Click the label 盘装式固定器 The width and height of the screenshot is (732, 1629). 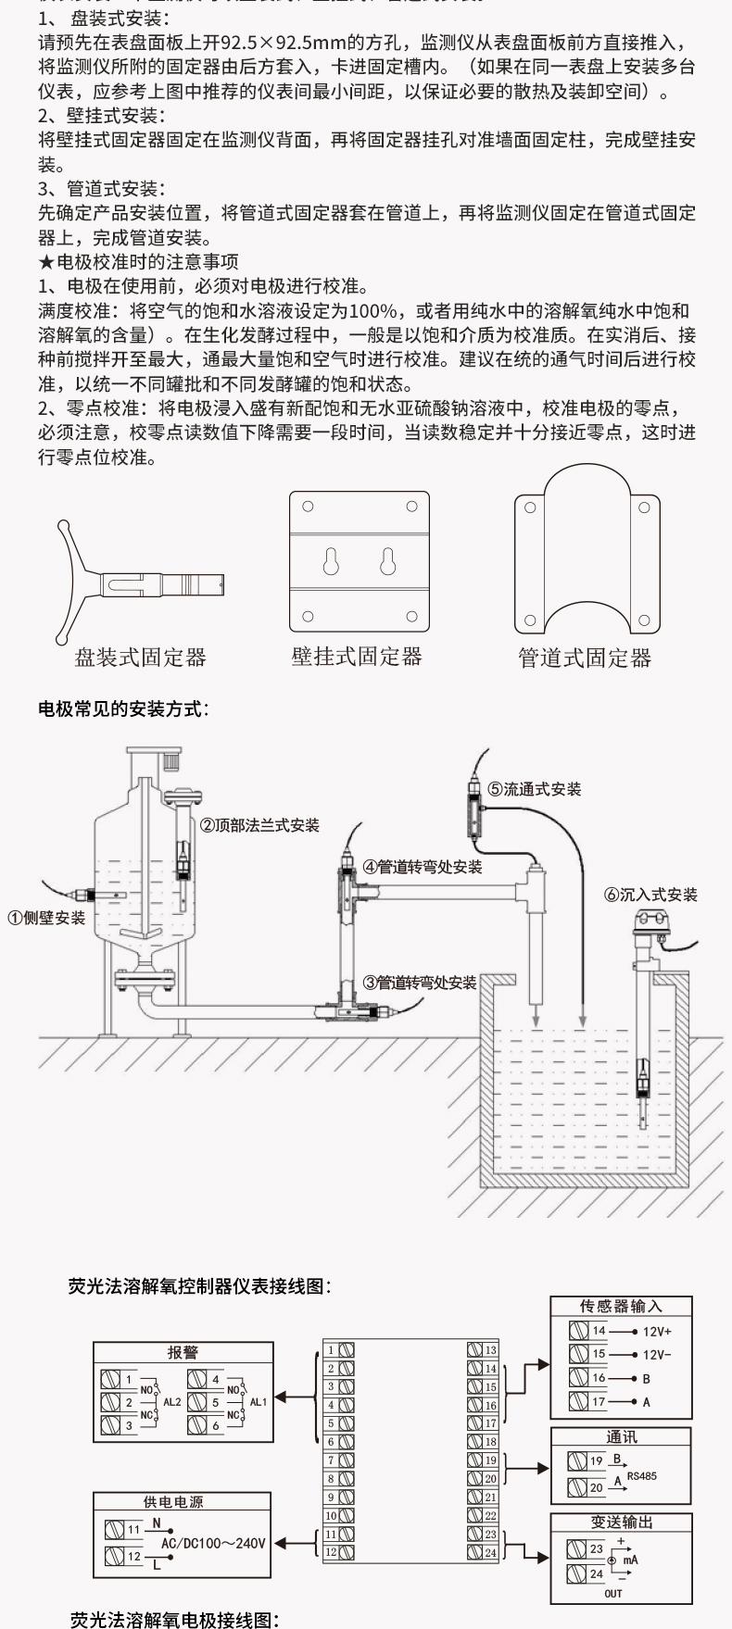point(140,658)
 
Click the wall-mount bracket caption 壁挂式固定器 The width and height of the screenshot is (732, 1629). point(357,657)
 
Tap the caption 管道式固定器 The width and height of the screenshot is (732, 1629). point(585,658)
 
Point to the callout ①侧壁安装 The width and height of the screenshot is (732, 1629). point(47,918)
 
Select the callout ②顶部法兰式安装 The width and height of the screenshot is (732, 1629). point(260,825)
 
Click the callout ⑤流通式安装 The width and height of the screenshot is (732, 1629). point(535,789)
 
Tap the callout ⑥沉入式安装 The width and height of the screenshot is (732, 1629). point(650,895)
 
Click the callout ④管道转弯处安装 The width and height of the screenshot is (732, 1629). point(422,867)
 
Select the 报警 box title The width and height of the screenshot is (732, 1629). point(183,1353)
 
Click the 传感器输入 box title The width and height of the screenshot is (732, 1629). point(621,1307)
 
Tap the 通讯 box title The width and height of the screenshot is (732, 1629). point(621,1437)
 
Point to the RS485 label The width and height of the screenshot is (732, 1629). point(641,1476)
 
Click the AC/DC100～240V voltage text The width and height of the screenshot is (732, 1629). point(213,1543)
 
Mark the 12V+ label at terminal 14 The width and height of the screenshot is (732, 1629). point(657,1331)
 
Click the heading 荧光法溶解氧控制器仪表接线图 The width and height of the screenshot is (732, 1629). point(199,1286)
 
